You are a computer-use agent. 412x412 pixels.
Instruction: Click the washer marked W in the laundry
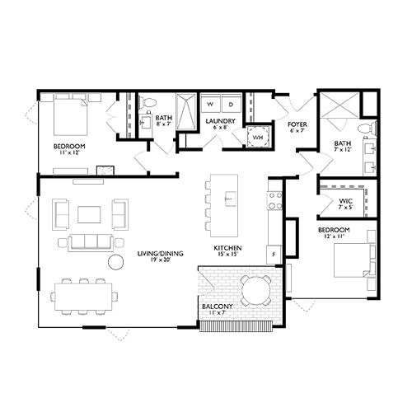(209, 105)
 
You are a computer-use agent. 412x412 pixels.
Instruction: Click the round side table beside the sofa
(114, 263)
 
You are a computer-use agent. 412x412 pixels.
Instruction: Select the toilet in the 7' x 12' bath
(367, 129)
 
